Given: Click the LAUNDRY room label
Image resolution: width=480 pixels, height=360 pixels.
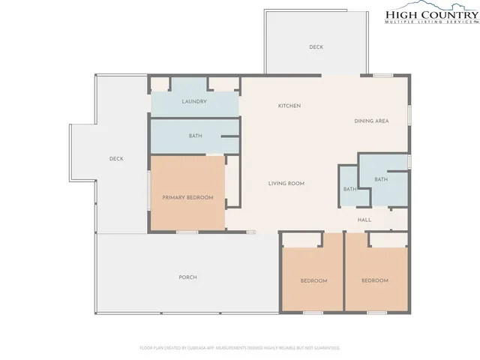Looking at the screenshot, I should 193,101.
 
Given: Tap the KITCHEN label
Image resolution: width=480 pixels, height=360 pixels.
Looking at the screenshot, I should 289,106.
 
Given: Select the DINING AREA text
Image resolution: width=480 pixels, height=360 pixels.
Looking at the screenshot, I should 370,121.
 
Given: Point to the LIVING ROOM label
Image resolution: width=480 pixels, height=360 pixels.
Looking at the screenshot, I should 286,183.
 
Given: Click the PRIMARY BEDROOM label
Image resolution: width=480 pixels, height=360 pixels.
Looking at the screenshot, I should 188,197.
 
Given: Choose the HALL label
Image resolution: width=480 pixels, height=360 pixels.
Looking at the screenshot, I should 364,220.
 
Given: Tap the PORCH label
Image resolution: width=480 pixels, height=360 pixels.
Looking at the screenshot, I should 187,277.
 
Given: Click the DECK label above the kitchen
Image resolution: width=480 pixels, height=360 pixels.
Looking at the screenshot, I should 316,47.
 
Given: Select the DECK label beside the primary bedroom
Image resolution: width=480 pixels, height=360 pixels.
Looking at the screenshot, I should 115,158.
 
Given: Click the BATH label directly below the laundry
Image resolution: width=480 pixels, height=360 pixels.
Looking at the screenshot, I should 194,136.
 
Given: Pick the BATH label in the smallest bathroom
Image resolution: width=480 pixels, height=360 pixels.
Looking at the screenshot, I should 349,189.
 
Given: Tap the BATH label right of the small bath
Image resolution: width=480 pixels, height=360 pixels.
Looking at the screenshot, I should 381,179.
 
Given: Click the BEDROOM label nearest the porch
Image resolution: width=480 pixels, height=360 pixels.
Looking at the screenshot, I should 313,280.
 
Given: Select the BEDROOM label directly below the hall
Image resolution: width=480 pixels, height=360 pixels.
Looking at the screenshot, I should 375,280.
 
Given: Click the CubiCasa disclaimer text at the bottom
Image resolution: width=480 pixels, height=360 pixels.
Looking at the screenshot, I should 240,348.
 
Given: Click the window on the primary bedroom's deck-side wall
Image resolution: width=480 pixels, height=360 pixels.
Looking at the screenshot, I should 148,191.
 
